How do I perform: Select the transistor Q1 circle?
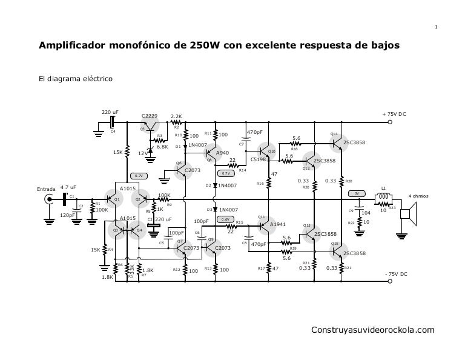pos(113,198)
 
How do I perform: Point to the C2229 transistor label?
pos(150,116)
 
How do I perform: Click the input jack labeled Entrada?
pos(48,198)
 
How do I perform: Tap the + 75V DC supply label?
pos(394,114)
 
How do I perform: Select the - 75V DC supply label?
pos(395,275)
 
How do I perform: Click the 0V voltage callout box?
pos(357,193)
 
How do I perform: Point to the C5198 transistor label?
pos(259,160)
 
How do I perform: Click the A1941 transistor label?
pos(278,224)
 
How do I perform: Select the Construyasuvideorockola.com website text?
pos(372,330)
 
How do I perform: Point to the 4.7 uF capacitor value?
pos(68,188)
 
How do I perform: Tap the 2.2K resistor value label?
pos(177,116)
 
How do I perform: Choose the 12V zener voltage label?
pos(142,153)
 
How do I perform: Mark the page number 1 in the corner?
pos(437,26)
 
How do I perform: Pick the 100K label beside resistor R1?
pos(102,210)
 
